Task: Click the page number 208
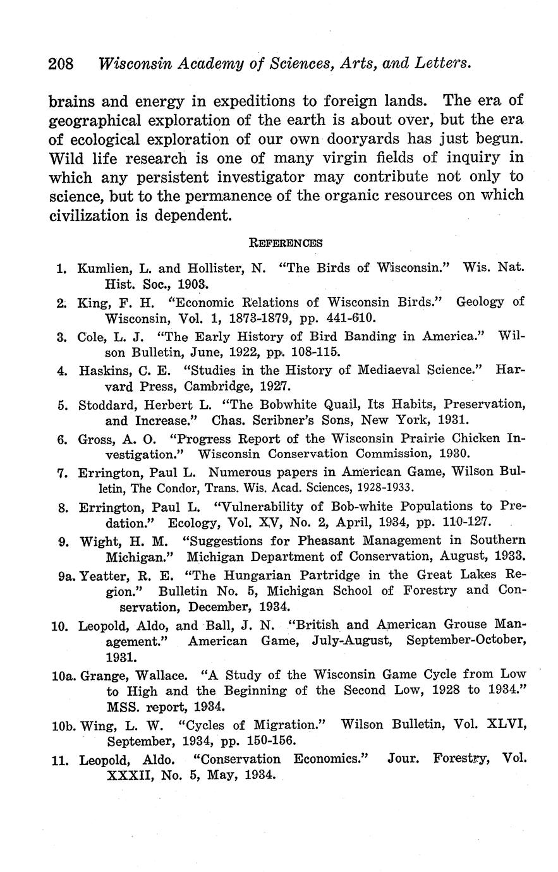61,64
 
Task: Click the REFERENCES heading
286,243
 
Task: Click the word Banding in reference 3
366,336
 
